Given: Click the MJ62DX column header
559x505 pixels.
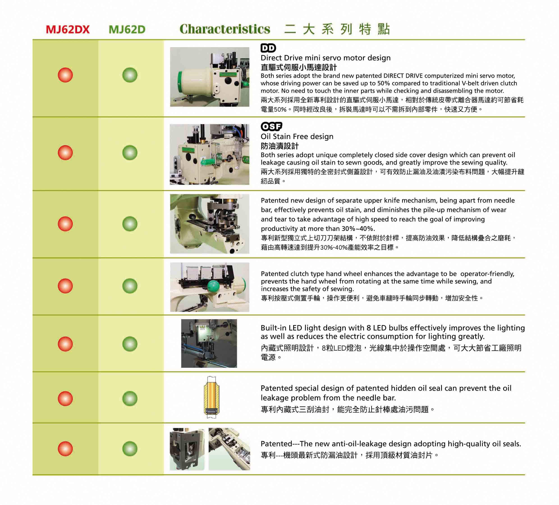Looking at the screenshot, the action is click(68, 29).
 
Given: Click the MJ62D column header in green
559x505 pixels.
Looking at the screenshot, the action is click(127, 29).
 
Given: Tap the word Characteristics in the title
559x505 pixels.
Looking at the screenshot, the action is click(225, 29).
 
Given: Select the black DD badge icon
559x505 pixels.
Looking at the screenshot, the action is click(268, 48).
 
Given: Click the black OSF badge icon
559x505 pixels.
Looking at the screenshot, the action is click(271, 126).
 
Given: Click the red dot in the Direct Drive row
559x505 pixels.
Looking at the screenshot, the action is click(65, 75).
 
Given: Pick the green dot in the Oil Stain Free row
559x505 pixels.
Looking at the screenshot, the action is click(130, 153).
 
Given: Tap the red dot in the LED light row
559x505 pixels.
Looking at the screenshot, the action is click(65, 344).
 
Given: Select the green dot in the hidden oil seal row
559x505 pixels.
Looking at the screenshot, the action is click(130, 399).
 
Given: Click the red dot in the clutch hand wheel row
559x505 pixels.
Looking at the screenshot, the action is click(65, 286).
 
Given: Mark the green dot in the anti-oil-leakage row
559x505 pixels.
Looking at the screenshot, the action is click(130, 449).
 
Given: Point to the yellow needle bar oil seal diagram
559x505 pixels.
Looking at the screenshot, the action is click(212, 397).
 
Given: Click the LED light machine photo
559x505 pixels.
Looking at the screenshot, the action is click(209, 344).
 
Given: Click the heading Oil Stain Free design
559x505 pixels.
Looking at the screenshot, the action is click(297, 137).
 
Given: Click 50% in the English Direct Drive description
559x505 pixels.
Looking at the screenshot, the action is click(385, 83).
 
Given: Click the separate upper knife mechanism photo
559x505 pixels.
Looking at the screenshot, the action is click(210, 224).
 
